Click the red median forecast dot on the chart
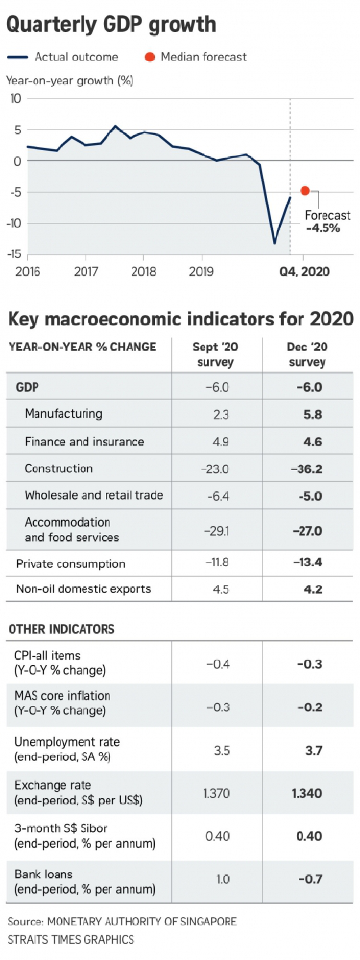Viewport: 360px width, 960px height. [x=305, y=191]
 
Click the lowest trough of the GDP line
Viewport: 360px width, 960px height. [x=274, y=243]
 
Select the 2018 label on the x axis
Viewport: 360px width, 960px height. [x=143, y=271]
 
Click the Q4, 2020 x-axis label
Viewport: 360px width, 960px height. [x=305, y=271]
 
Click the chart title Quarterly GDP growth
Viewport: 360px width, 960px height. [x=111, y=25]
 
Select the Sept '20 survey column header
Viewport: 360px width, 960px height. [x=215, y=354]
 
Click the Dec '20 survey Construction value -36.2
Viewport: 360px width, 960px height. [x=306, y=469]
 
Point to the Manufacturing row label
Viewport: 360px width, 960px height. [x=63, y=413]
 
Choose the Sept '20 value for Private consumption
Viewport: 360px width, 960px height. [x=217, y=562]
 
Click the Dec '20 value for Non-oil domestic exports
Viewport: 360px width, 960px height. [x=313, y=589]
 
